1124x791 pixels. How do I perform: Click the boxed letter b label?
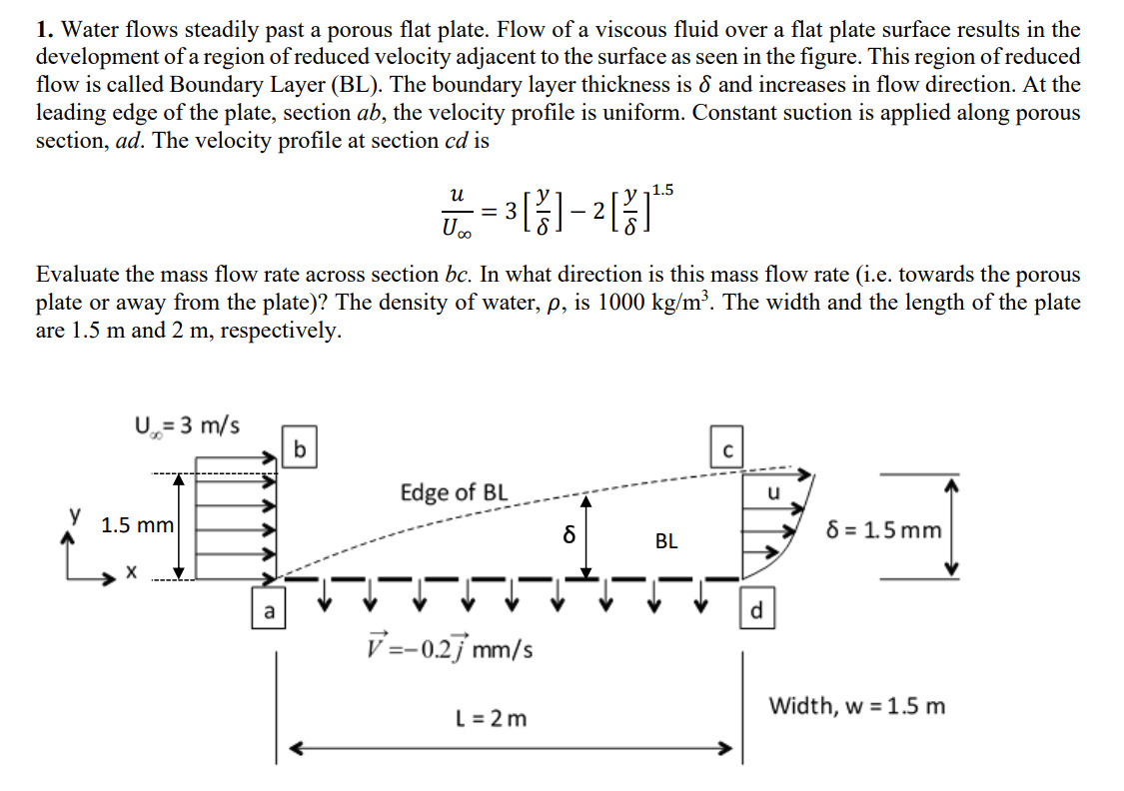(x=297, y=445)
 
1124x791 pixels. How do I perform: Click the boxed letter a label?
(x=267, y=610)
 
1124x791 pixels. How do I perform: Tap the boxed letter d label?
(x=755, y=610)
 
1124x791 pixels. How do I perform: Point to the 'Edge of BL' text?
(x=454, y=492)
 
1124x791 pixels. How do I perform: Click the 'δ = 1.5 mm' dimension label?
(x=884, y=530)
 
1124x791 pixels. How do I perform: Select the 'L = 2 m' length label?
(x=491, y=718)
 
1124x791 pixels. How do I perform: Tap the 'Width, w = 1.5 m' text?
(x=856, y=707)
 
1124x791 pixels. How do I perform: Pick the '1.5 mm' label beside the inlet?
(x=138, y=525)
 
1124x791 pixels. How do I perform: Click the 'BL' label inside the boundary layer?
(x=666, y=541)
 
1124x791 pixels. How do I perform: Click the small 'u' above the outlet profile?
(x=772, y=492)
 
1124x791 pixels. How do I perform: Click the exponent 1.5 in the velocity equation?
(x=661, y=190)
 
